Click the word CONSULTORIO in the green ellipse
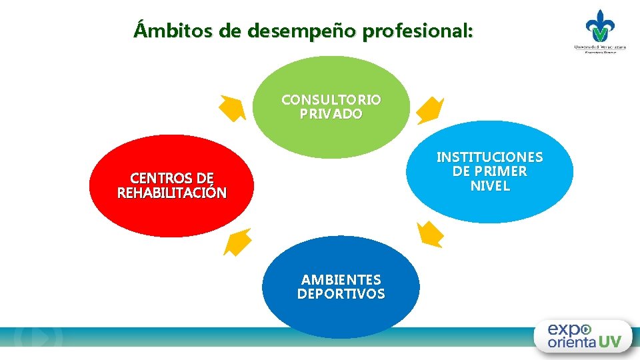click(331, 100)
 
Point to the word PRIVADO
click(331, 114)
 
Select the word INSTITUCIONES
click(489, 157)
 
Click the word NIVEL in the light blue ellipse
click(490, 186)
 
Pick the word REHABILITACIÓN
click(172, 193)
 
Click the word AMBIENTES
click(341, 279)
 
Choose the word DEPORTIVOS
click(341, 294)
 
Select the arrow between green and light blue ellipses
click(430, 111)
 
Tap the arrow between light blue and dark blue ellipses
click(429, 235)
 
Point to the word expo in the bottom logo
click(568, 329)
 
